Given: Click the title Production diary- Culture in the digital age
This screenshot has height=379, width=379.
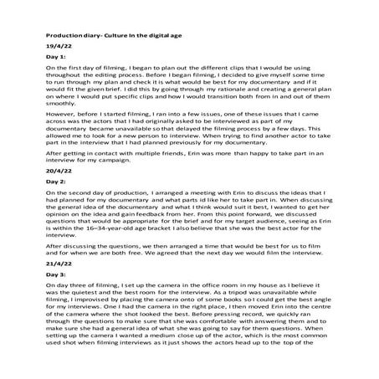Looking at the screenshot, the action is click(x=109, y=38).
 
